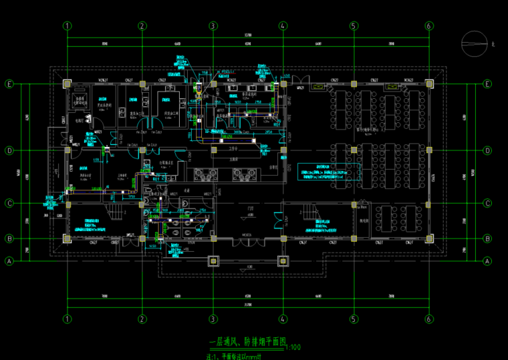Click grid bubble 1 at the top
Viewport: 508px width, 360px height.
pos(67,26)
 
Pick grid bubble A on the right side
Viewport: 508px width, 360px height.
pos(487,260)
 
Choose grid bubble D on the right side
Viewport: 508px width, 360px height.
pos(487,150)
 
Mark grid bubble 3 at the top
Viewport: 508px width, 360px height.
pos(213,26)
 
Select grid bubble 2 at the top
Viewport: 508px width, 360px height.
pos(142,26)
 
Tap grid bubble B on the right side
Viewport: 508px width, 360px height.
pos(487,238)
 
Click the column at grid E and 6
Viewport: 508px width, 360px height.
pos(429,84)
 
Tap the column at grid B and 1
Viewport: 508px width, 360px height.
pos(67,238)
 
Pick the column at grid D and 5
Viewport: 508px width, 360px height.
pos(354,150)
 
